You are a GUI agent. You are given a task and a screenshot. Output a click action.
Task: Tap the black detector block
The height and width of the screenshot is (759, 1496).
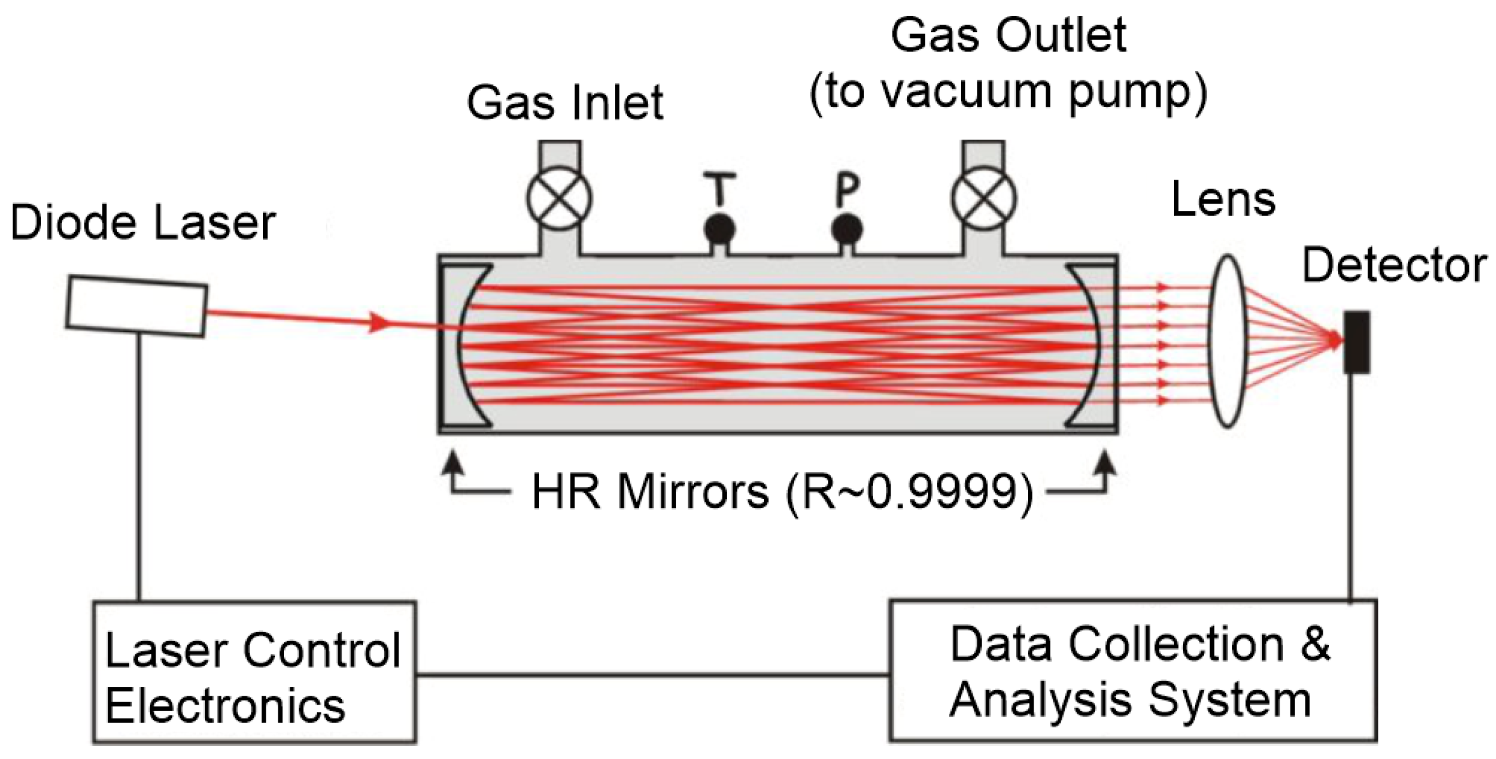tap(1356, 342)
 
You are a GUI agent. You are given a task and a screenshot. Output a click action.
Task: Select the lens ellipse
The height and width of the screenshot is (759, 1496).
tap(1227, 342)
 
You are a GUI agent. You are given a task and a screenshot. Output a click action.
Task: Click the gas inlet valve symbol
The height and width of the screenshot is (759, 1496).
tap(559, 198)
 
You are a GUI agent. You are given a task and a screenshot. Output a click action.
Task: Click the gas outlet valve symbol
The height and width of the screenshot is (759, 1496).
tap(984, 198)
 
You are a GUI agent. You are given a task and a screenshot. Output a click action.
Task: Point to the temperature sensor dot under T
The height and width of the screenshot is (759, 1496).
tap(719, 229)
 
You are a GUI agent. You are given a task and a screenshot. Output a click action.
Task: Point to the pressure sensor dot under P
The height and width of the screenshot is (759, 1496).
tap(847, 229)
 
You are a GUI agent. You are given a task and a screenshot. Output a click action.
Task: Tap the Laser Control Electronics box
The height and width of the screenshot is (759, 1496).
tap(254, 672)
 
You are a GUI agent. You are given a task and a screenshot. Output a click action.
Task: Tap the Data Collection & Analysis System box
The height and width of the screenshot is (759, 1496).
tap(1132, 670)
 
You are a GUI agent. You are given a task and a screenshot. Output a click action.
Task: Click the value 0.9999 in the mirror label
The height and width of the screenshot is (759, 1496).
tap(943, 493)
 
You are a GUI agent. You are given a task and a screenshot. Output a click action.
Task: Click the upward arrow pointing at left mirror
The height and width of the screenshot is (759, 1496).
tap(454, 465)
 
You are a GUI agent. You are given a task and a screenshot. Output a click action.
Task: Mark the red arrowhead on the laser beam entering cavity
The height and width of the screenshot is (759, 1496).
tap(380, 323)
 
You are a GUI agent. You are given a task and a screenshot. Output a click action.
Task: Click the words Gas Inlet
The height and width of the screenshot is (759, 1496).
tap(565, 103)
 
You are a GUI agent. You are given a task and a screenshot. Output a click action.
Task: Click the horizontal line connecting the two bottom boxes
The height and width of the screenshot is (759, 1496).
tap(652, 675)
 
